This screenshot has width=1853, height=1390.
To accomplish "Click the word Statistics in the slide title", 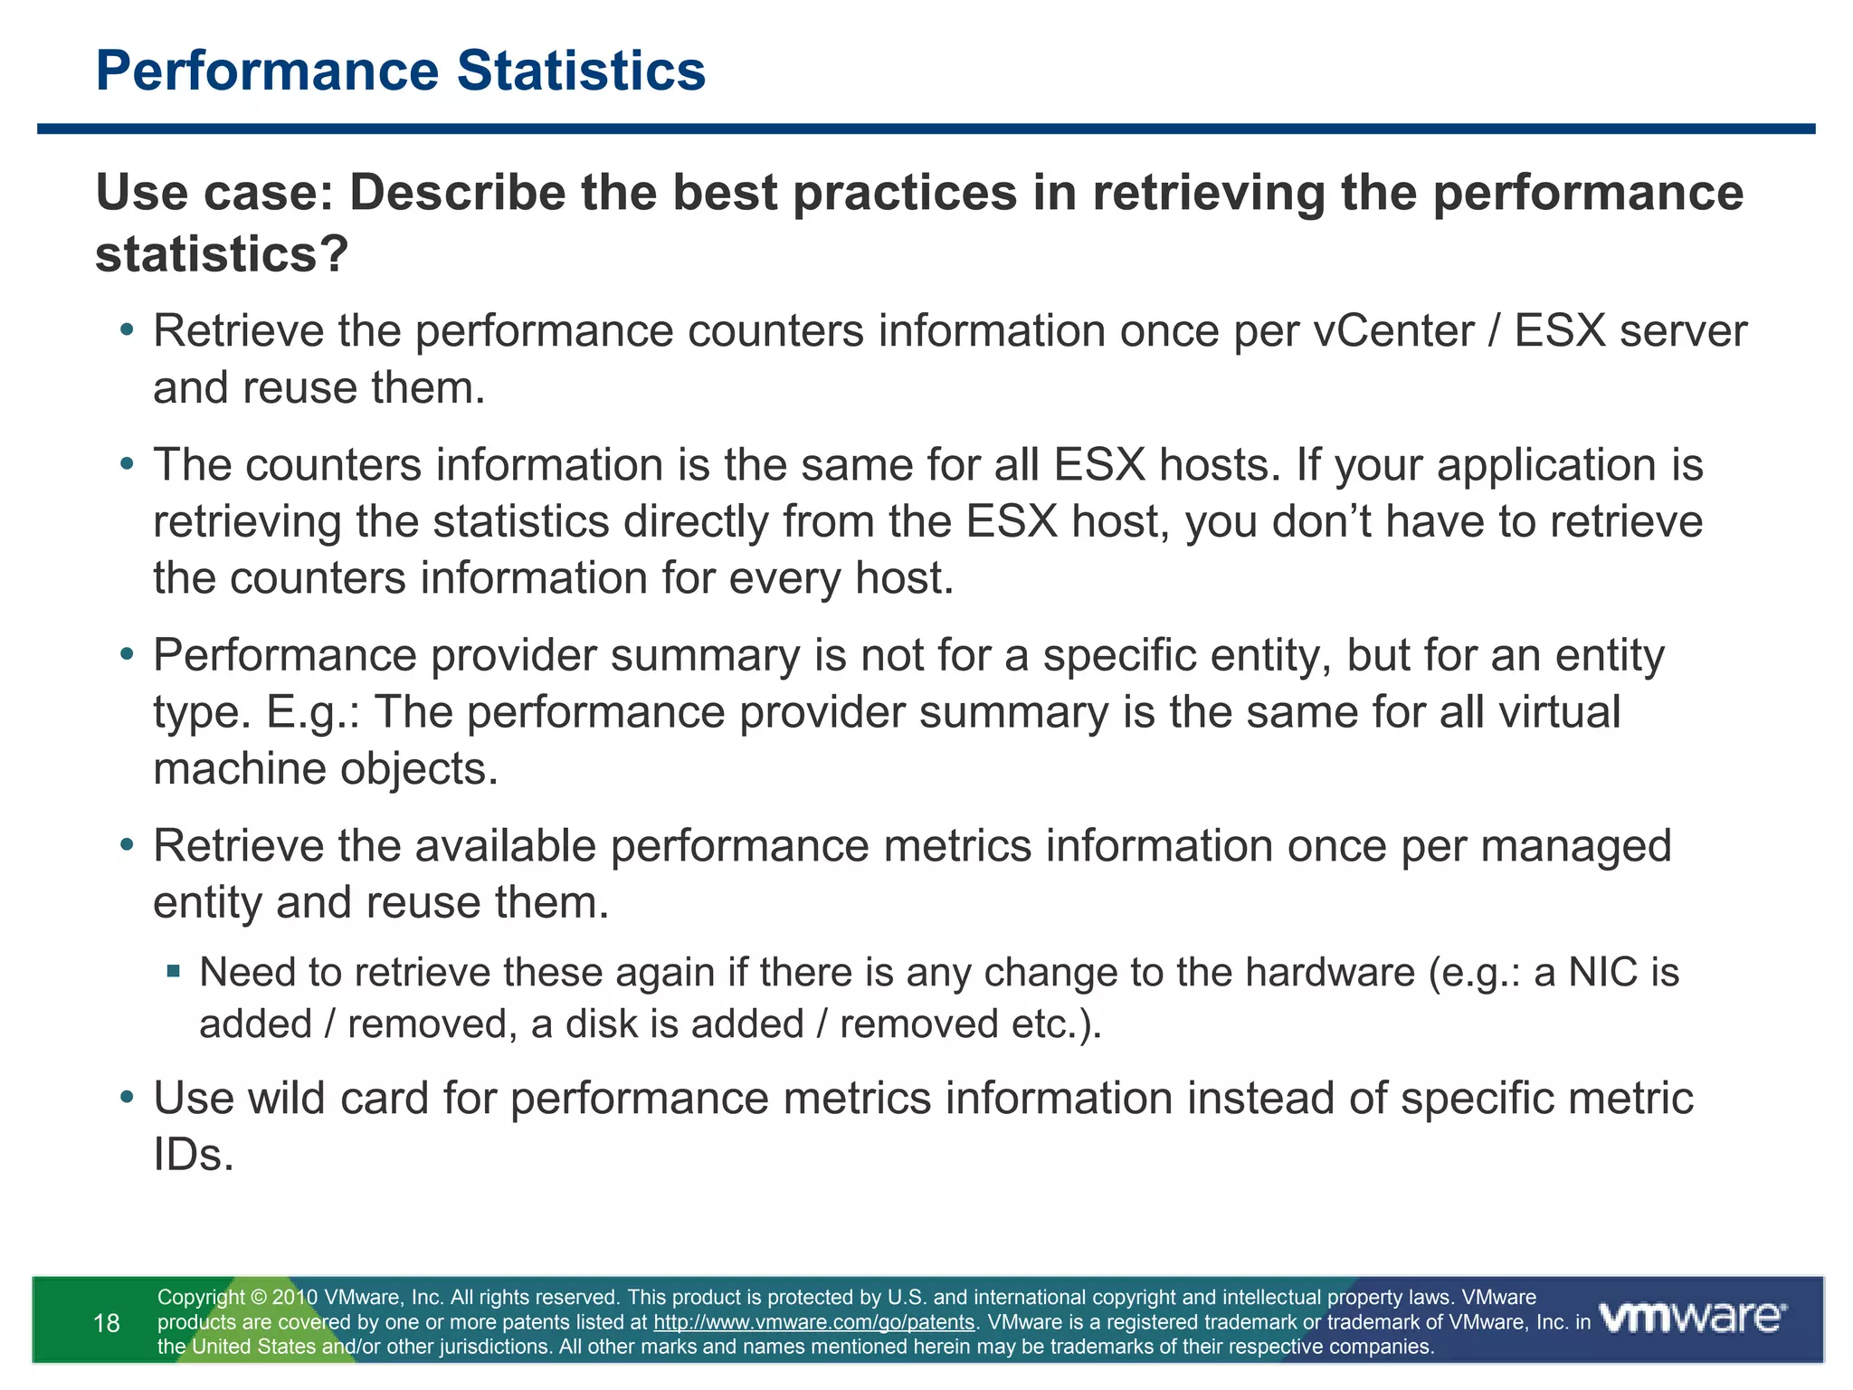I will click(581, 71).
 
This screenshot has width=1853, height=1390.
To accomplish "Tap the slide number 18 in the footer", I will click(107, 1324).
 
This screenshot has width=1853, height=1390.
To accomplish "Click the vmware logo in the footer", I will click(1693, 1318).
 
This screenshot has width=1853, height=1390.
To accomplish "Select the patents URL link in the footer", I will click(813, 1322).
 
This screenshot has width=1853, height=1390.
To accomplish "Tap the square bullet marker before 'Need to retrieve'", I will click(174, 973).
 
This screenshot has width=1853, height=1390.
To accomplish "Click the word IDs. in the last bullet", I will click(194, 1156).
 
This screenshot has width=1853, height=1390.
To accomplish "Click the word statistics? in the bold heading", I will click(223, 254).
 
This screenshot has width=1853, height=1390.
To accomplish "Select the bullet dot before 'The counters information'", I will click(128, 465).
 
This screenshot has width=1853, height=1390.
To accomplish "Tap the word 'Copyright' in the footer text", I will click(201, 1298).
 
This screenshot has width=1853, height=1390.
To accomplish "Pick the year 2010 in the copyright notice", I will click(295, 1298).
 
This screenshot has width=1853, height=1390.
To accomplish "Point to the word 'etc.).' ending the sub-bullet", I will click(1058, 1024).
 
